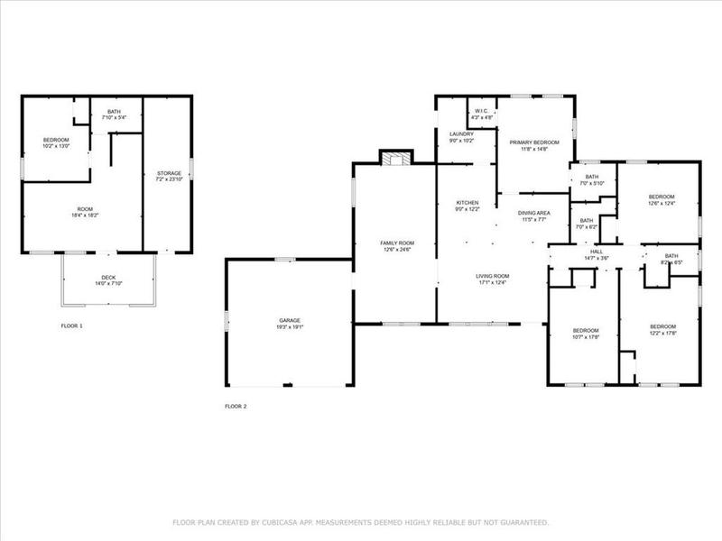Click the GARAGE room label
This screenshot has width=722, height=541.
(289, 320)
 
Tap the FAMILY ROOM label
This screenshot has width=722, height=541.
(396, 243)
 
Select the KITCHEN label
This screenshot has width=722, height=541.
(467, 203)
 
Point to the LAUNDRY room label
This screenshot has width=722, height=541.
(461, 134)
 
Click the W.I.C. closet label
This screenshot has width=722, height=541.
(481, 112)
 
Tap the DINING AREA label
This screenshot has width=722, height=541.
(533, 213)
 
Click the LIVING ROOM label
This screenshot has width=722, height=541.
(494, 276)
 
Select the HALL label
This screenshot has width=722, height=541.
(597, 252)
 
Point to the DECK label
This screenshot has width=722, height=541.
(108, 277)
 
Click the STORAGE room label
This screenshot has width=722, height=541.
(169, 173)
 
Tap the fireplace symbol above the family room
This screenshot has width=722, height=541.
(393, 160)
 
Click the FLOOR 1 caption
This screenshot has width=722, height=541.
(71, 325)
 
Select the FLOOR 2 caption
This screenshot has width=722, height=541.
(236, 407)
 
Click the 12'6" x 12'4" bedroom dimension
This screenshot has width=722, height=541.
(662, 203)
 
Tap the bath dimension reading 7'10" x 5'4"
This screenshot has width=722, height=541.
(114, 117)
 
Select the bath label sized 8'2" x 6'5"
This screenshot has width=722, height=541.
(671, 256)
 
